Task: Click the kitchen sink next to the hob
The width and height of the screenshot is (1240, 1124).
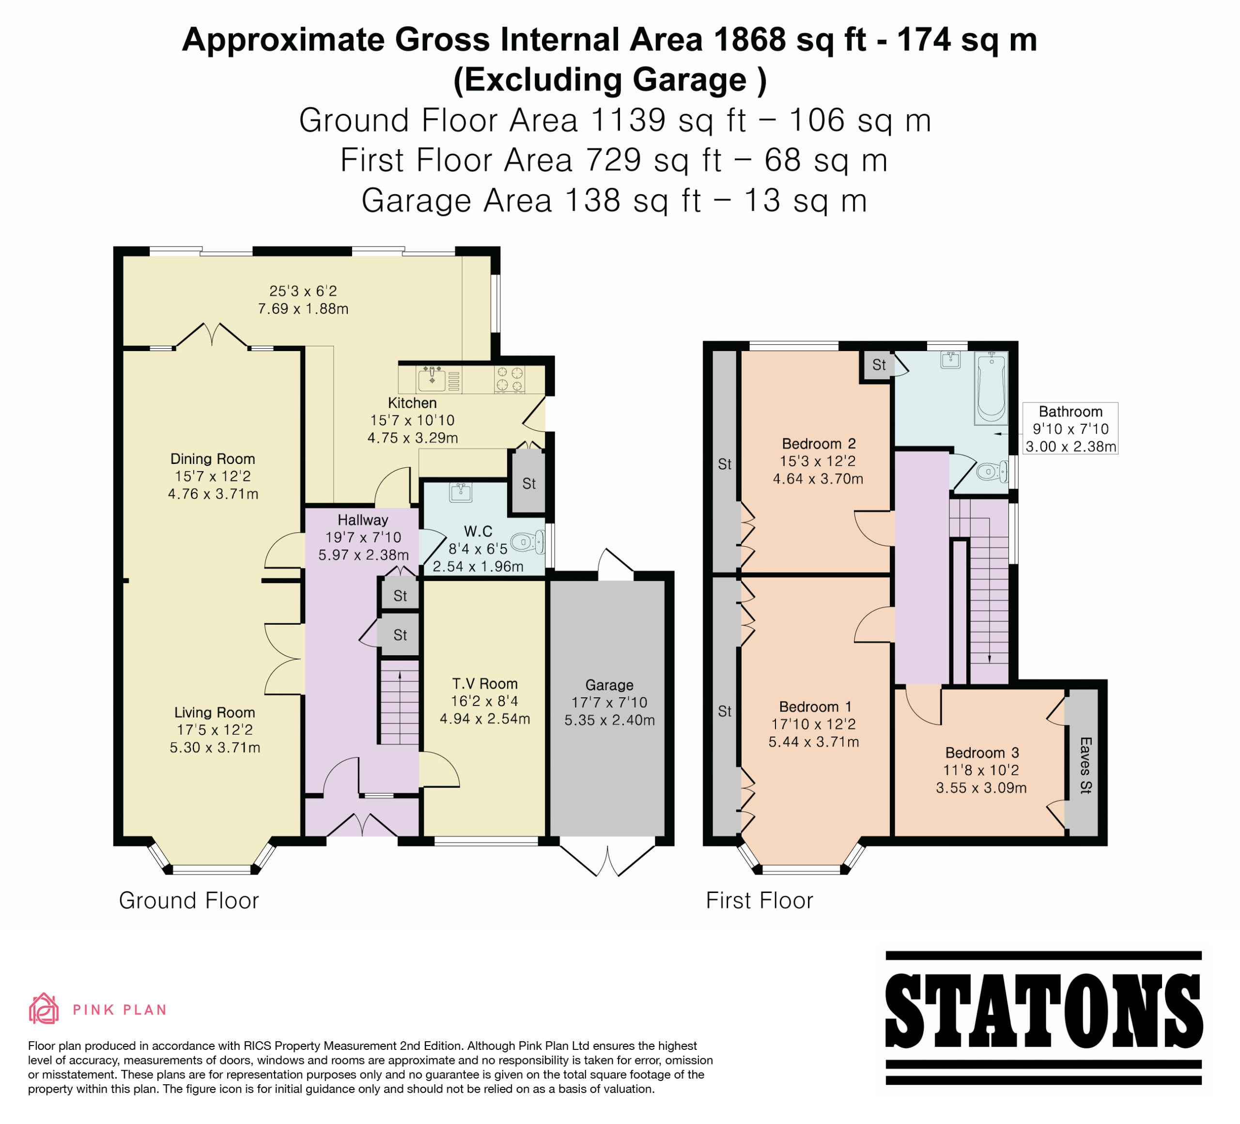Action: coord(433,379)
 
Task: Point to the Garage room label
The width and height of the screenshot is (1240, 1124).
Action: coord(609,685)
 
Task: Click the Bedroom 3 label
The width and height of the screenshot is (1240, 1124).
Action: coord(982,753)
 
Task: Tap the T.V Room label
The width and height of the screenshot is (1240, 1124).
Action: coord(485,684)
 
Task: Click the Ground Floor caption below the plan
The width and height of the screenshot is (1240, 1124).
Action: coord(189,900)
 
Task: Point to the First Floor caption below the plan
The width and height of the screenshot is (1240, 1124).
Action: coord(759,900)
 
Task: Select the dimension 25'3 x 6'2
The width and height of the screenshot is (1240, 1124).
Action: coord(303,291)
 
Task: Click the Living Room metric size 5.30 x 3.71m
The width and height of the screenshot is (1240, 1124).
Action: coord(215,748)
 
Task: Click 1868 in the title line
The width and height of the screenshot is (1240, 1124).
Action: coord(749,40)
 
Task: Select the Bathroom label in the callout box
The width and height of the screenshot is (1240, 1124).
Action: coord(1070,411)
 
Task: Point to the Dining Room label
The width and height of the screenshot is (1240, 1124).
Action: coord(213,459)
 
